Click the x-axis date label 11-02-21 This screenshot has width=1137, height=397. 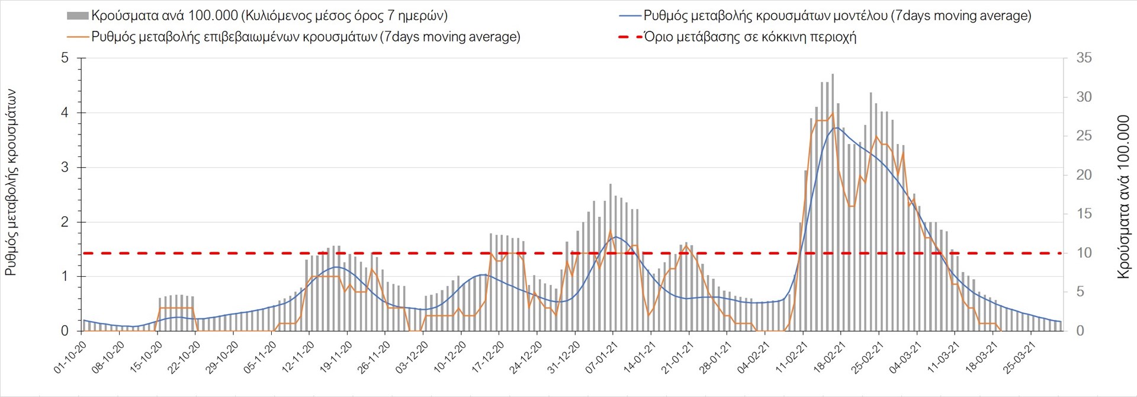(792, 357)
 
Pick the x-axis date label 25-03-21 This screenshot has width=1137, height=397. (1020, 357)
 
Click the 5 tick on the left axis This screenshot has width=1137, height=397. (65, 58)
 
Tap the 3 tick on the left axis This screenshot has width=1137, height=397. (65, 168)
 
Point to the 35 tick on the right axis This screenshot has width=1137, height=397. (1084, 58)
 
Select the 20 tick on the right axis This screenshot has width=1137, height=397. (1084, 175)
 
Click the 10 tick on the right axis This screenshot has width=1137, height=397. (1084, 253)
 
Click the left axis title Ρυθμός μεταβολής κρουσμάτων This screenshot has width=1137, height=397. (11, 183)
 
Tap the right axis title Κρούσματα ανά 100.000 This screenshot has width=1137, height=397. (1123, 197)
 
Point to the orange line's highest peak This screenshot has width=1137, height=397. (833, 113)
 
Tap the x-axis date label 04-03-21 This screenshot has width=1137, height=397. (905, 357)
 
